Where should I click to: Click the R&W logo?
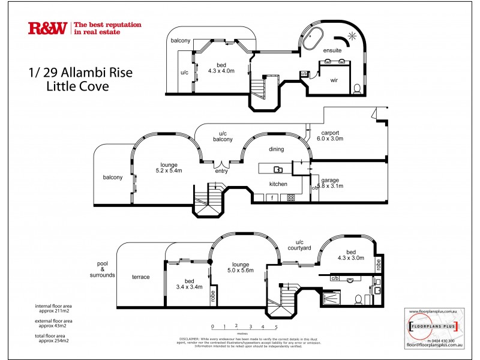(47, 28)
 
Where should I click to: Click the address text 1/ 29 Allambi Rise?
(80, 73)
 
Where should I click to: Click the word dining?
(277, 149)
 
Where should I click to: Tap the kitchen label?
(278, 184)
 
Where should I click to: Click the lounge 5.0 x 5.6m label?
(239, 267)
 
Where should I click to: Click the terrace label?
(140, 277)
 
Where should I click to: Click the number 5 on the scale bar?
(276, 326)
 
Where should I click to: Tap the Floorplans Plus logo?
(433, 327)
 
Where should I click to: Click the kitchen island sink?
(278, 169)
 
